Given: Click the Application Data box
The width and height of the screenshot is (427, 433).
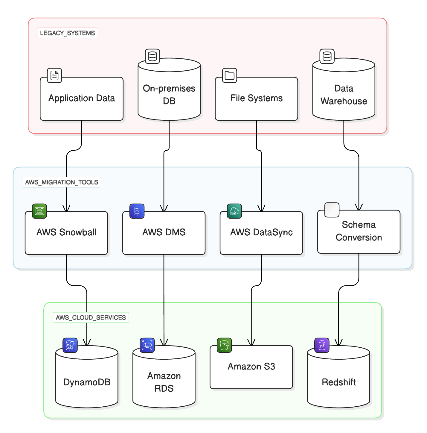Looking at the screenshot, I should (82, 99).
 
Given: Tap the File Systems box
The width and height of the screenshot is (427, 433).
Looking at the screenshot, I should (256, 99).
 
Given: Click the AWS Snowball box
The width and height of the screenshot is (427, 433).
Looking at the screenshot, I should (66, 233).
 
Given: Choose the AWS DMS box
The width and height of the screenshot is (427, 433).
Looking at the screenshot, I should (164, 233).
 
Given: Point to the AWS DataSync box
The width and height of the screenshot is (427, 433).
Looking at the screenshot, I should (261, 233).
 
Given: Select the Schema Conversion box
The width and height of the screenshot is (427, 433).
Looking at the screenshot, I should (359, 231).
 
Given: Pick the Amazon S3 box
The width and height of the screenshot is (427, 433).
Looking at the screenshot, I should (251, 367).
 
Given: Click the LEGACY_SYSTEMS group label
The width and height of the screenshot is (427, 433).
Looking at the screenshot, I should (68, 33).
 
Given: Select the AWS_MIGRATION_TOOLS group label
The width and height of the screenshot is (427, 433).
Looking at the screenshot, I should (62, 182).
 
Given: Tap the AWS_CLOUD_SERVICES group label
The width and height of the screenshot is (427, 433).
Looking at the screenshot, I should (91, 317).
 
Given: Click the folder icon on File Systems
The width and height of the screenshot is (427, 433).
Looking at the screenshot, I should (229, 75).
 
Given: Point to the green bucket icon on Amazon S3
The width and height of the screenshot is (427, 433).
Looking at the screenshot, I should (224, 345).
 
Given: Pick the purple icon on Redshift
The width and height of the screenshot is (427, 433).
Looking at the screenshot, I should (322, 345).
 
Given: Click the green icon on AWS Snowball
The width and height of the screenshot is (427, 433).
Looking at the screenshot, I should (39, 211).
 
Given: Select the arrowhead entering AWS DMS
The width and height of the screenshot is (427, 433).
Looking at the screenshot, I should (164, 209).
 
